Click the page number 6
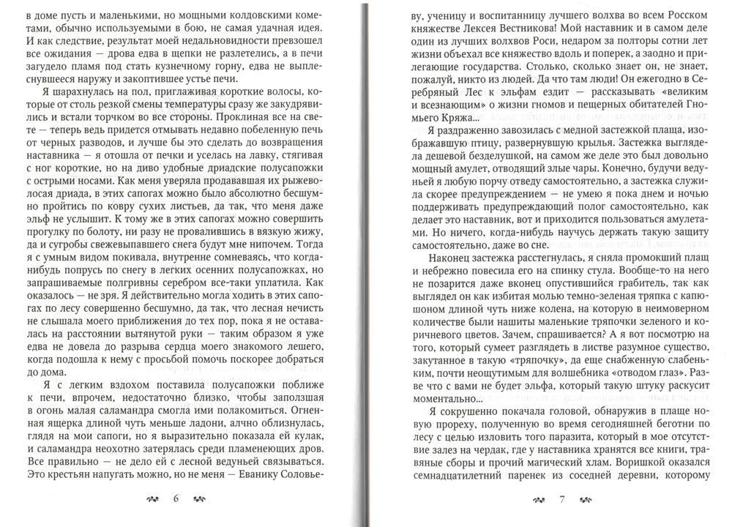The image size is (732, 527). (176, 500)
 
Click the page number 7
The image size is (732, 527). (561, 500)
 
